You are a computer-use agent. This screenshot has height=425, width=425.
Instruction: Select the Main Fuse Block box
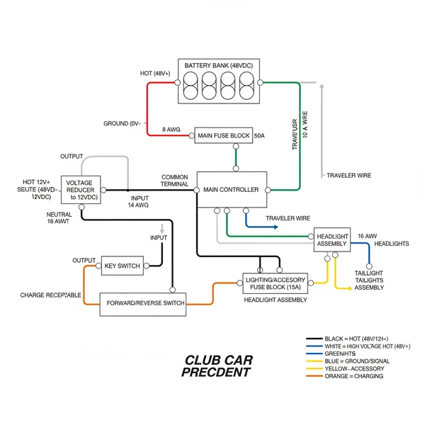point(223,135)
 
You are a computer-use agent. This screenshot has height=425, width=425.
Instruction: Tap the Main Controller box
point(232,189)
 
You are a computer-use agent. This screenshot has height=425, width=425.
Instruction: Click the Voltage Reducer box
point(79,190)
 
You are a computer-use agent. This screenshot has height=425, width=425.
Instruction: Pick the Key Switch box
point(122,266)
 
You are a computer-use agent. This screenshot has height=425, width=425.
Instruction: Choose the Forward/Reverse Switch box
point(145,303)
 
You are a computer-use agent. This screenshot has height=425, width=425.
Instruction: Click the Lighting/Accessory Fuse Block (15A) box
point(277,283)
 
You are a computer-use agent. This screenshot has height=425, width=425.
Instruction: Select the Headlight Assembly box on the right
point(331,239)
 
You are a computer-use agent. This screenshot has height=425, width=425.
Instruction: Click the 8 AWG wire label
point(172,130)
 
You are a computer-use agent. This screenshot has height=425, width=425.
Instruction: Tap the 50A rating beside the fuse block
point(259,135)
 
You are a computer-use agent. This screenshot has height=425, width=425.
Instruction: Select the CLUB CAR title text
point(218,359)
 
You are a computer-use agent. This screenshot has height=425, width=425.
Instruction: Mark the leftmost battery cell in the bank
point(191,86)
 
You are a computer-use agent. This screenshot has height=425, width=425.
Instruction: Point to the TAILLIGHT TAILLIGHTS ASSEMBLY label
point(369,280)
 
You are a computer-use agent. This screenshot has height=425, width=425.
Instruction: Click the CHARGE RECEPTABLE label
point(50,295)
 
